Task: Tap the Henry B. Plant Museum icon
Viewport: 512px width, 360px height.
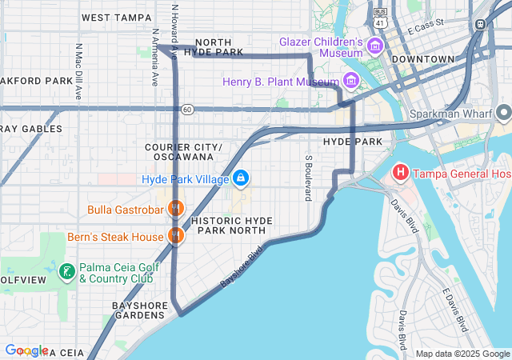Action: pyautogui.click(x=350, y=81)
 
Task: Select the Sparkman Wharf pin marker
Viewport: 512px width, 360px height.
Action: pyautogui.click(x=502, y=114)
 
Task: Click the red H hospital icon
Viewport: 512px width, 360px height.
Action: pyautogui.click(x=400, y=173)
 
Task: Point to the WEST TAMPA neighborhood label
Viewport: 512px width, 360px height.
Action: pyautogui.click(x=116, y=17)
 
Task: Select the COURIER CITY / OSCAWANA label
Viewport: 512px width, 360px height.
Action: pyautogui.click(x=183, y=152)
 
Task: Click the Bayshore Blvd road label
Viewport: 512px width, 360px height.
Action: pyautogui.click(x=241, y=267)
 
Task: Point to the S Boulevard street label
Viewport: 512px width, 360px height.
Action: pyautogui.click(x=307, y=178)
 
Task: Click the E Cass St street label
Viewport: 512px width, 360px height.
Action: pyautogui.click(x=425, y=28)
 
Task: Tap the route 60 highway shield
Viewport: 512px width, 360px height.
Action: pyautogui.click(x=186, y=109)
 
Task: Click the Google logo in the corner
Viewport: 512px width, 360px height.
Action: pyautogui.click(x=26, y=350)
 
